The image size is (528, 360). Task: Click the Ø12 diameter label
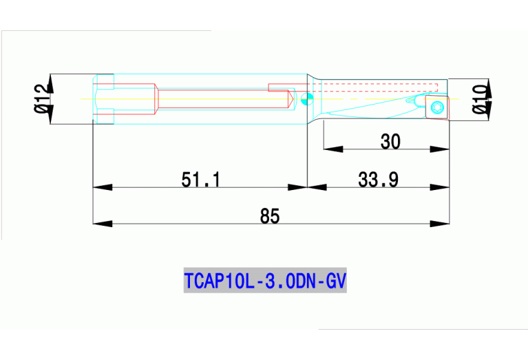[41, 98]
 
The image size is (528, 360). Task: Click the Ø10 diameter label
[481, 98]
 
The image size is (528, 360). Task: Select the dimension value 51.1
[200, 180]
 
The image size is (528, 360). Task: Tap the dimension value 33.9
[378, 180]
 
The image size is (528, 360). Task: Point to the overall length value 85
[270, 216]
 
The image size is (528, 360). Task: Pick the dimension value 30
[390, 141]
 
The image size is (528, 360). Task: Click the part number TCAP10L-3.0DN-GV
[265, 281]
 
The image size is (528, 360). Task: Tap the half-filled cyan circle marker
[308, 98]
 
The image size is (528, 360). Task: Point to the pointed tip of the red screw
[295, 98]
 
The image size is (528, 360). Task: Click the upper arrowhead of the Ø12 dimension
[50, 78]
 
